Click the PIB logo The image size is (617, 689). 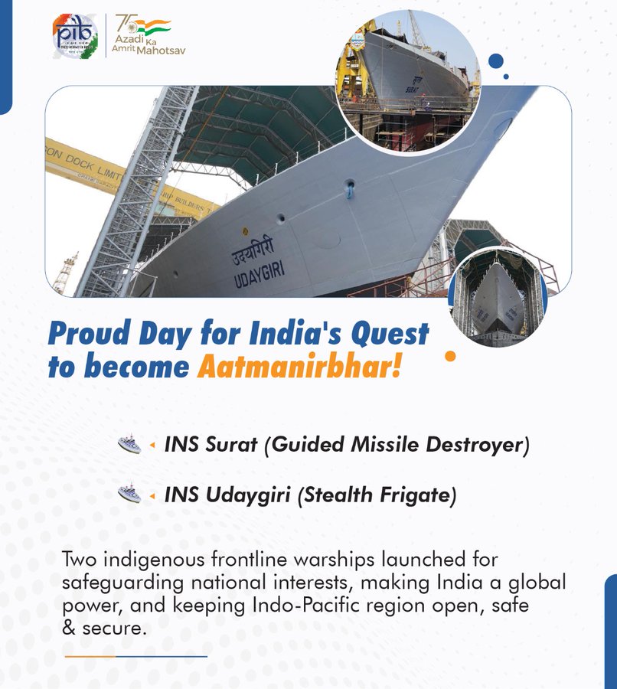click(x=74, y=35)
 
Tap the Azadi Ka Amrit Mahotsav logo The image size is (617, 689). click(x=149, y=35)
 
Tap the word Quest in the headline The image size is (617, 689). click(x=390, y=335)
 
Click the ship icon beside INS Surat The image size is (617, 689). click(x=129, y=444)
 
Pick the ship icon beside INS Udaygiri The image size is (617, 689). click(x=129, y=495)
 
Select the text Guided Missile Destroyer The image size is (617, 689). click(x=396, y=445)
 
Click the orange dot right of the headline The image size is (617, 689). click(x=450, y=356)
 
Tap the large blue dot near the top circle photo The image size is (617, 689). click(x=495, y=61)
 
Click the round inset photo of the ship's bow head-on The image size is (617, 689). click(x=497, y=296)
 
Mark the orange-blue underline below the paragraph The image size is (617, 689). click(x=135, y=656)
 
